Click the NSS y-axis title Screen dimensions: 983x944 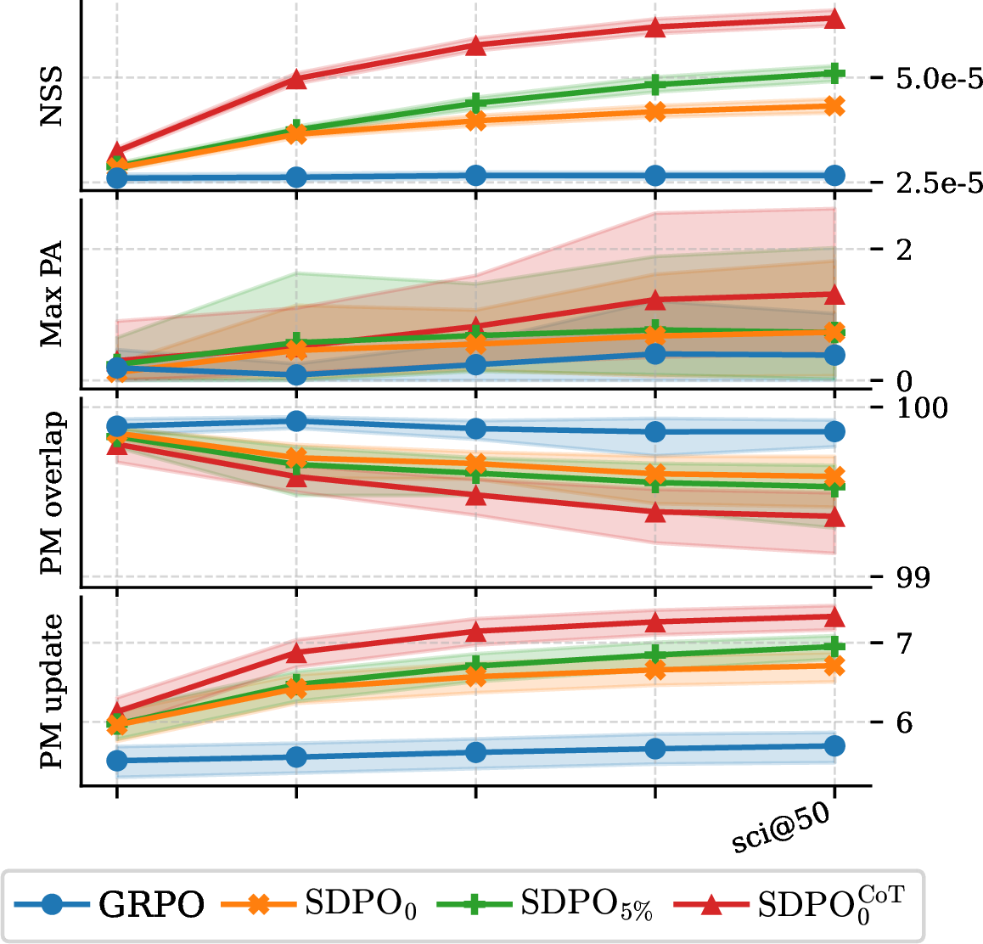click(52, 96)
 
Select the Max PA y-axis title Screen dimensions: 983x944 click(52, 294)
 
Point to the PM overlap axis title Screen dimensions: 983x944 click(52, 492)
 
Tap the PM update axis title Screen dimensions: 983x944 click(52, 691)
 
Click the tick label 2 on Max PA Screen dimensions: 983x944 click(904, 250)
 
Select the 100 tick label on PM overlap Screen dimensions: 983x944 click(922, 408)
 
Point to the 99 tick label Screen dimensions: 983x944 click(913, 577)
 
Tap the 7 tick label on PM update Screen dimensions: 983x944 click(904, 643)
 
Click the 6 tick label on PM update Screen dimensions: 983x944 click(904, 722)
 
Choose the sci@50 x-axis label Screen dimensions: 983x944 click(782, 829)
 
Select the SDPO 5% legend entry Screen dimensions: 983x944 click(544, 904)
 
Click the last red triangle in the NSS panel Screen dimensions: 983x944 click(834, 18)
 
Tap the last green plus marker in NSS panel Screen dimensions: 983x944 click(834, 73)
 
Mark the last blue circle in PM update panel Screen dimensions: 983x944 click(834, 746)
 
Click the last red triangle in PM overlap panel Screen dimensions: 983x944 click(834, 517)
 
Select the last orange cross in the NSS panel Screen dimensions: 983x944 click(834, 106)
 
